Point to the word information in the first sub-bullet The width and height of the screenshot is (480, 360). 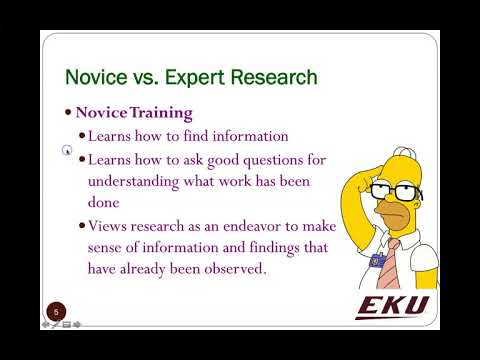coord(246,135)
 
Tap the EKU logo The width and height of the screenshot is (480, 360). coord(392,304)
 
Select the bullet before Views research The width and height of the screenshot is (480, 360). coord(81,227)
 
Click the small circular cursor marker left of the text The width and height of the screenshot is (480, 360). coord(66,152)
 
